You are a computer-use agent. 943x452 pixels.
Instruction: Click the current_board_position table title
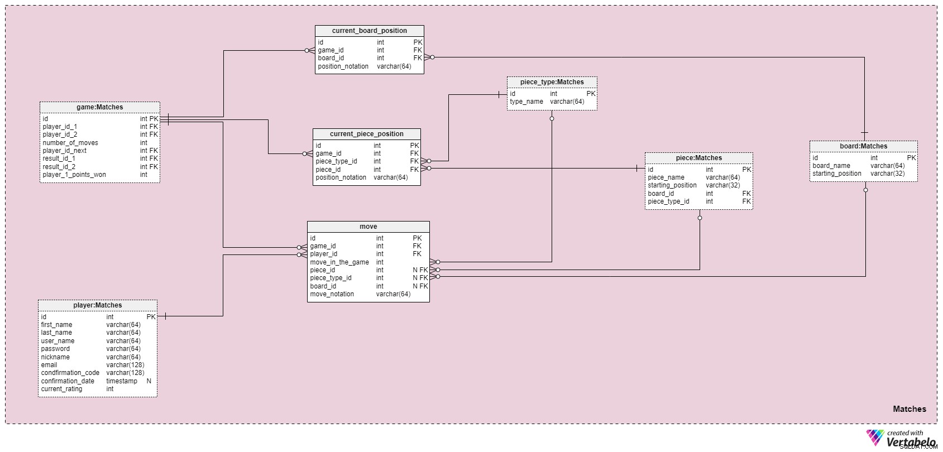pyautogui.click(x=369, y=31)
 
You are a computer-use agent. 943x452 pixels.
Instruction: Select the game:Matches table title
pyautogui.click(x=100, y=107)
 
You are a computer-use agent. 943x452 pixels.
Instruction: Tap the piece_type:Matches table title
pyautogui.click(x=552, y=82)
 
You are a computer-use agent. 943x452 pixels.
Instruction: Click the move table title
pyautogui.click(x=368, y=227)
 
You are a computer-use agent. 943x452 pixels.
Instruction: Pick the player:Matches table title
pyautogui.click(x=98, y=305)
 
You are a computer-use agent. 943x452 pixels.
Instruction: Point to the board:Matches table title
pyautogui.click(x=863, y=146)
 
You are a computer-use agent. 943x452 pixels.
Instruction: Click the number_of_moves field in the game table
pyautogui.click(x=70, y=143)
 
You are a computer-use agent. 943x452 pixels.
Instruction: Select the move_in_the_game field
pyautogui.click(x=339, y=262)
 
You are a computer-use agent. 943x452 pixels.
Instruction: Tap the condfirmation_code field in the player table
pyautogui.click(x=70, y=373)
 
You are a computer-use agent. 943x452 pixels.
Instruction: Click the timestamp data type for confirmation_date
pyautogui.click(x=122, y=381)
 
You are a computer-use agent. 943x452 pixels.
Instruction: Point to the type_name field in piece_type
pyautogui.click(x=526, y=102)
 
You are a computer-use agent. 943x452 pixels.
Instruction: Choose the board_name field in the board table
pyautogui.click(x=831, y=166)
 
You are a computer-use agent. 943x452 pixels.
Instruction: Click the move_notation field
pyautogui.click(x=332, y=294)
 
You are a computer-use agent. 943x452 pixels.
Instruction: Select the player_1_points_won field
pyautogui.click(x=74, y=175)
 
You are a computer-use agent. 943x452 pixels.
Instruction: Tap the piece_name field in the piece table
pyautogui.click(x=666, y=177)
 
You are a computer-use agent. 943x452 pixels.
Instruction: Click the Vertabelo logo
pyautogui.click(x=901, y=438)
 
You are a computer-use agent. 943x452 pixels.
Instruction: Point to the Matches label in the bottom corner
pyautogui.click(x=910, y=408)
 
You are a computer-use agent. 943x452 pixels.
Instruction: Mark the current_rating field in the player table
pyautogui.click(x=61, y=389)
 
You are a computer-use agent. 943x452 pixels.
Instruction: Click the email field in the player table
pyautogui.click(x=49, y=365)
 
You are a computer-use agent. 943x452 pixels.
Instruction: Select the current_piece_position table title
pyautogui.click(x=367, y=134)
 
